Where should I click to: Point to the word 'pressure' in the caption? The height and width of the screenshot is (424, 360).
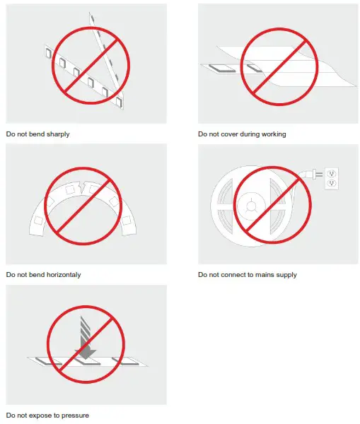pos(74,415)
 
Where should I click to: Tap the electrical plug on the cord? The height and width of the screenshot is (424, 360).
pos(310,175)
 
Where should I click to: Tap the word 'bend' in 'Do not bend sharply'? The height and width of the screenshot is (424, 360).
pos(35,134)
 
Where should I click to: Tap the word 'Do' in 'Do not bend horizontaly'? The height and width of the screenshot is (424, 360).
pos(10,274)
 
